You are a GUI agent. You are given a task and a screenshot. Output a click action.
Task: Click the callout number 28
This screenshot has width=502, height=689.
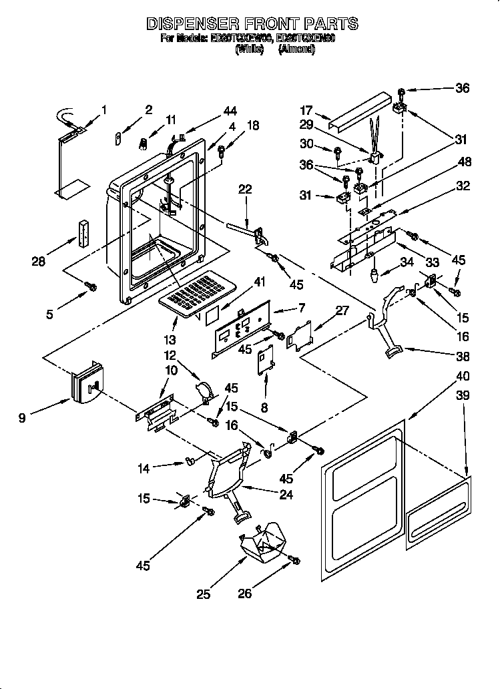click(x=39, y=262)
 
